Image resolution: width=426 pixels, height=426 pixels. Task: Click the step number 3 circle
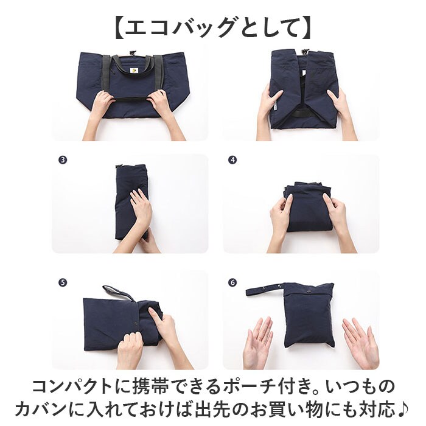point(63,160)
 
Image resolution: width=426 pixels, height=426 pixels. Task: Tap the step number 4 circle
point(232,160)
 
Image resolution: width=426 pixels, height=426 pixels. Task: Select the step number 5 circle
point(63,282)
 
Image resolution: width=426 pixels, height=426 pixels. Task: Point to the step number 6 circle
point(232,282)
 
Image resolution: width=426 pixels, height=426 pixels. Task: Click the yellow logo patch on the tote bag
point(134,71)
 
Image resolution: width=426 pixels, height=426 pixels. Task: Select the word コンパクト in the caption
point(72,386)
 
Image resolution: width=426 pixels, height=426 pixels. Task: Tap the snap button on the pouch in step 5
point(136,323)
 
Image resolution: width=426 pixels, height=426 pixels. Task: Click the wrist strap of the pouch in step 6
point(265,290)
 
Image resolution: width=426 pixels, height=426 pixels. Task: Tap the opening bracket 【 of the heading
point(119,28)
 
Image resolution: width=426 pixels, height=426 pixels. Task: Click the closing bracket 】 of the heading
point(306,28)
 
